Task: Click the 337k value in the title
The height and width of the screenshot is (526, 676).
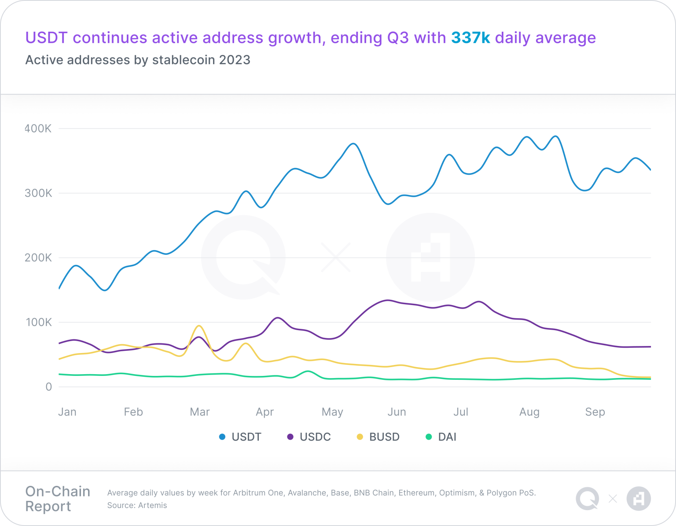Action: point(470,38)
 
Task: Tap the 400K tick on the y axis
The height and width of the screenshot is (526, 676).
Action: point(38,129)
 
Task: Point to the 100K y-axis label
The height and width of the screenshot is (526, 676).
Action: point(38,322)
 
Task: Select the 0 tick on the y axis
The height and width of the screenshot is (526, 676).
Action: point(48,387)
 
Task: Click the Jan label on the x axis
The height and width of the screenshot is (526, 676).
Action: point(67,412)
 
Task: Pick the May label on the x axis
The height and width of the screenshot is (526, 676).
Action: point(332,412)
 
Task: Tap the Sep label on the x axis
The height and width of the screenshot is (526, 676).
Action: point(595,412)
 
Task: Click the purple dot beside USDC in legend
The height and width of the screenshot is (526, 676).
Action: point(290,437)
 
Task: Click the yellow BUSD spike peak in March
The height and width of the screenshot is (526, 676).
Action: point(199,326)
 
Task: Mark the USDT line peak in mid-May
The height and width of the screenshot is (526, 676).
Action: point(353,143)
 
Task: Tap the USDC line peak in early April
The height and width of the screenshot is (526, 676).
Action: point(277,317)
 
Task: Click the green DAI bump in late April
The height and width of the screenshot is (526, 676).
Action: point(308,372)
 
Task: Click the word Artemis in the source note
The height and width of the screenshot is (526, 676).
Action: point(152,505)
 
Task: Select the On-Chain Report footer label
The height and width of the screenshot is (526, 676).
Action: point(58,499)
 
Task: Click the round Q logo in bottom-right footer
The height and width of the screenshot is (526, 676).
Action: point(588,499)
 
